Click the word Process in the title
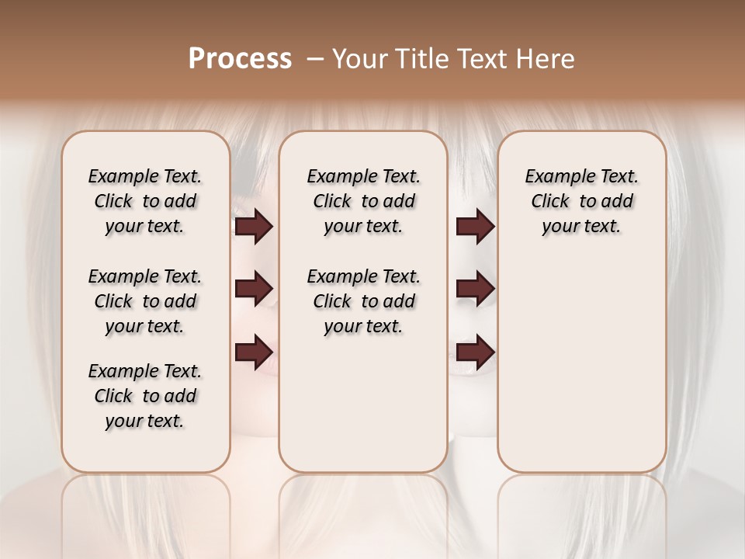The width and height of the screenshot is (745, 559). coord(240,59)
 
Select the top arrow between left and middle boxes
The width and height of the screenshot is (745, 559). coord(254,227)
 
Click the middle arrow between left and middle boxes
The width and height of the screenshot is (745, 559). coord(254,290)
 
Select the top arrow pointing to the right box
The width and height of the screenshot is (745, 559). coord(475,227)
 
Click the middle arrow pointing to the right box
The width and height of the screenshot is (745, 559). coord(475,290)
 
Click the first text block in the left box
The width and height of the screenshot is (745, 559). coord(145,201)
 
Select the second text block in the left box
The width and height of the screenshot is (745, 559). coord(145,301)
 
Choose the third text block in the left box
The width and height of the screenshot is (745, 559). coord(145,396)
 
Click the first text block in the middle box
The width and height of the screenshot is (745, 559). coord(363,201)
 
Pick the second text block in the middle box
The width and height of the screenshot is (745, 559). coord(363,301)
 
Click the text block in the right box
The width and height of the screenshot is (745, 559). coord(581,201)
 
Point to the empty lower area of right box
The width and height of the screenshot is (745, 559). coord(581,373)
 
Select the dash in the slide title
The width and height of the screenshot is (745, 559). coord(314,59)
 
